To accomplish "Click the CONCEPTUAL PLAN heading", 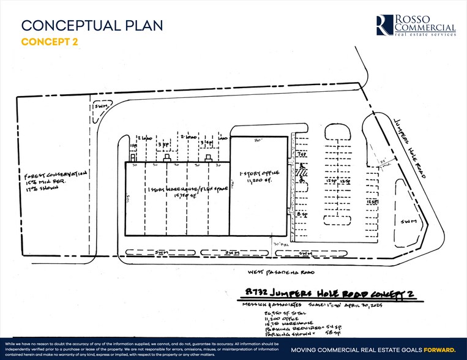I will click(x=92, y=25).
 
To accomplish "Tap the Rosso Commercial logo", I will click(x=416, y=25).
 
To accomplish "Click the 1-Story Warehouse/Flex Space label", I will click(x=177, y=192).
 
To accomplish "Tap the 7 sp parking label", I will click(x=301, y=155).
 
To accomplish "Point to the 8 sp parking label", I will click(x=300, y=214).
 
